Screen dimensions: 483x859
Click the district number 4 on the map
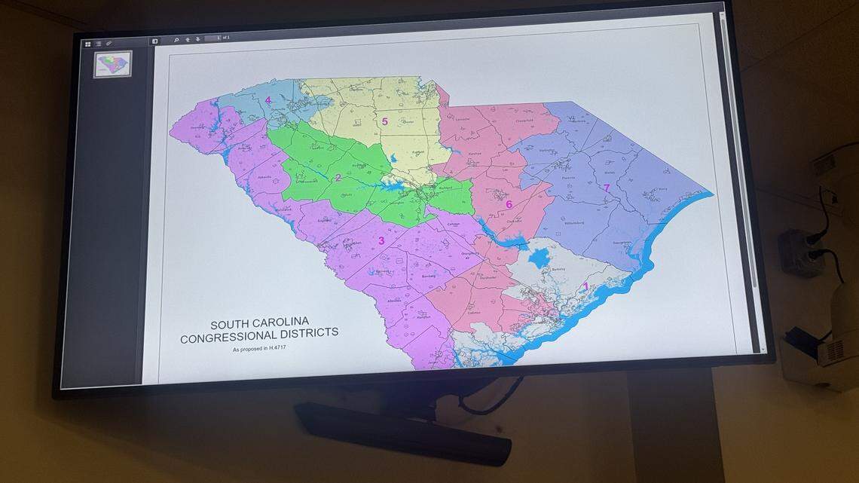pos(267,100)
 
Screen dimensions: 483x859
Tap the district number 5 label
pos(384,121)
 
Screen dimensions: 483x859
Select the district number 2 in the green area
pos(338,179)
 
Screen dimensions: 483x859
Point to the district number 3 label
pos(381,241)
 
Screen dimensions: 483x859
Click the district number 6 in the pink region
pos(509,204)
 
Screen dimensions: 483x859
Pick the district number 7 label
pos(606,188)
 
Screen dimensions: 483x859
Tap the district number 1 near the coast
pos(585,286)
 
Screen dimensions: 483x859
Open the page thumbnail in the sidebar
pos(114,64)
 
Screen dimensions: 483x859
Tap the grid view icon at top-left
pos(88,44)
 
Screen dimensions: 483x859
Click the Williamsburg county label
pos(573,224)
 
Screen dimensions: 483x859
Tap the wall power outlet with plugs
pos(800,250)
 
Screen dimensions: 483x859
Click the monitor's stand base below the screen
pos(402,433)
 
